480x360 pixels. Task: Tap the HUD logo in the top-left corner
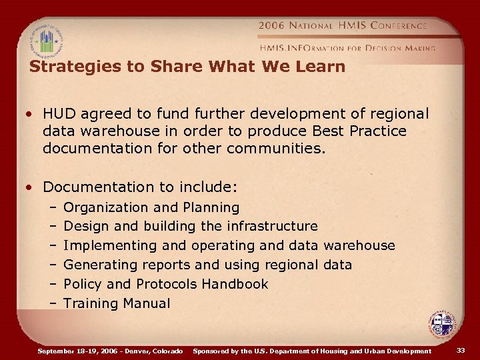coord(47,42)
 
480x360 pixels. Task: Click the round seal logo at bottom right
coord(441,325)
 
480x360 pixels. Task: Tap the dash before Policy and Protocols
coord(52,284)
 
